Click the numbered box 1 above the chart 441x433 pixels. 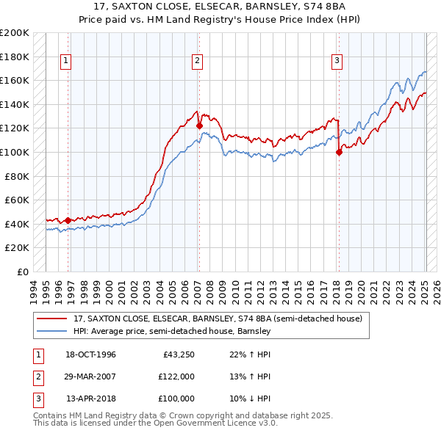tap(66, 61)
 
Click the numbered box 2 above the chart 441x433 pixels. tap(198, 61)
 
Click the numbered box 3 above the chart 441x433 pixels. tap(337, 61)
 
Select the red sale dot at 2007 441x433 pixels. tap(199, 125)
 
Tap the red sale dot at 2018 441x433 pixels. tap(339, 152)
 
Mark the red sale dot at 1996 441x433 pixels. tap(68, 219)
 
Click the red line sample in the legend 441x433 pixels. tap(52, 319)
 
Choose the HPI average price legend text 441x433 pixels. tap(172, 331)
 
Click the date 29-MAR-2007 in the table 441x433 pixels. tap(90, 376)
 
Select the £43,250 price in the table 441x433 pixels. tap(178, 354)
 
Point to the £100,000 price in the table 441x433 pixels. tap(176, 399)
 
